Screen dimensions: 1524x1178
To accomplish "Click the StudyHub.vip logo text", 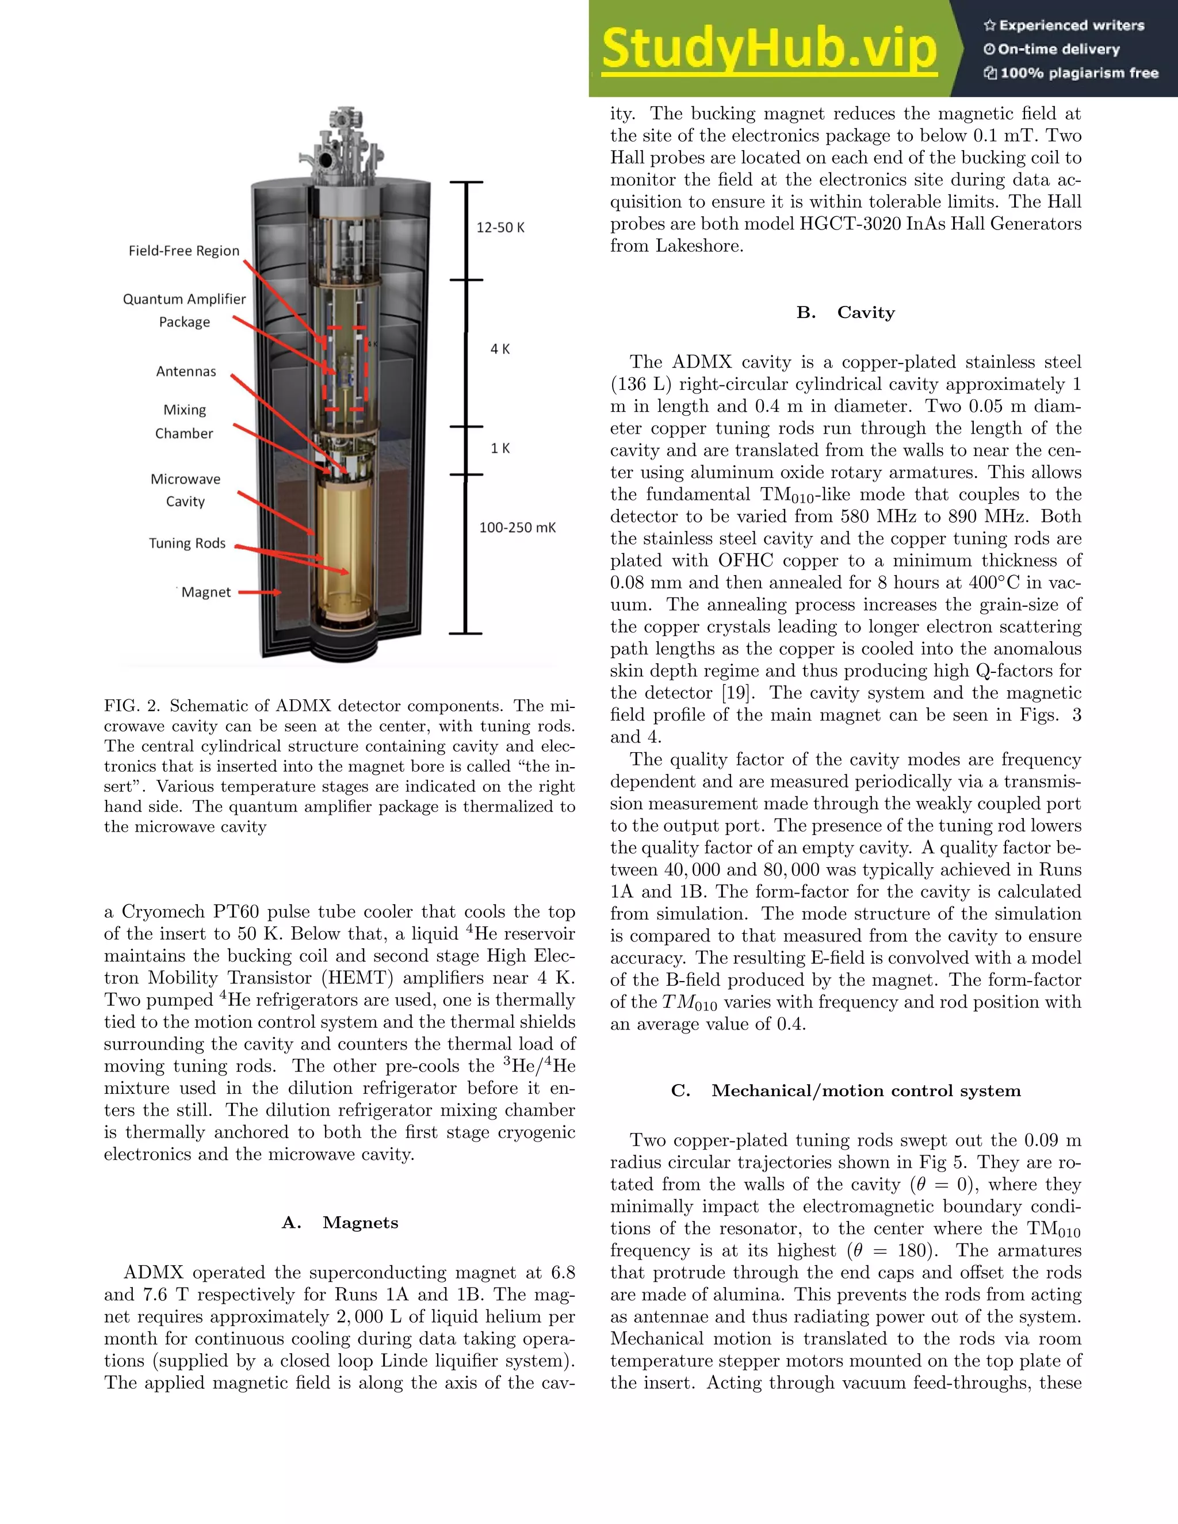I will click(x=768, y=49).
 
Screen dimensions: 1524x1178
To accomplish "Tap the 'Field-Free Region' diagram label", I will click(x=183, y=251).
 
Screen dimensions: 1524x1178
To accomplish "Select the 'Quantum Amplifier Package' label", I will click(x=184, y=310).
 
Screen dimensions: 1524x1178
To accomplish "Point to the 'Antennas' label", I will click(x=186, y=372).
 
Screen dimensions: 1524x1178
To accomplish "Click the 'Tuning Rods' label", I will click(x=187, y=543).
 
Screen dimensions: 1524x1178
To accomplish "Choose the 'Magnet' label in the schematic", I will click(x=206, y=592).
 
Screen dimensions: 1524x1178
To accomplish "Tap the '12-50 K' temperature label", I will click(x=500, y=228).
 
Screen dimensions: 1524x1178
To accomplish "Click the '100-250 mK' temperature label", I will click(x=517, y=527).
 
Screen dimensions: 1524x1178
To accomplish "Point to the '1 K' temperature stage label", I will click(x=500, y=448).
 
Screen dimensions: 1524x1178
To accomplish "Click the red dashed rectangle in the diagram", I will click(x=346, y=369).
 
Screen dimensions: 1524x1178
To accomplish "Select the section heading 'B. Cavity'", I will click(x=845, y=313).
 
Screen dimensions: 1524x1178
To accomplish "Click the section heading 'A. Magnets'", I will click(x=340, y=1223).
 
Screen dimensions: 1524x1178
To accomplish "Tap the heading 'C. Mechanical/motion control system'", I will click(x=845, y=1090).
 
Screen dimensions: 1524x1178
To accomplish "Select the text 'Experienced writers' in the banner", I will click(x=1071, y=26).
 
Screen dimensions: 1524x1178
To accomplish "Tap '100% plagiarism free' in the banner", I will click(x=1079, y=73).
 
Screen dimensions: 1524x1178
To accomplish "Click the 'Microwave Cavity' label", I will click(x=185, y=490).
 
